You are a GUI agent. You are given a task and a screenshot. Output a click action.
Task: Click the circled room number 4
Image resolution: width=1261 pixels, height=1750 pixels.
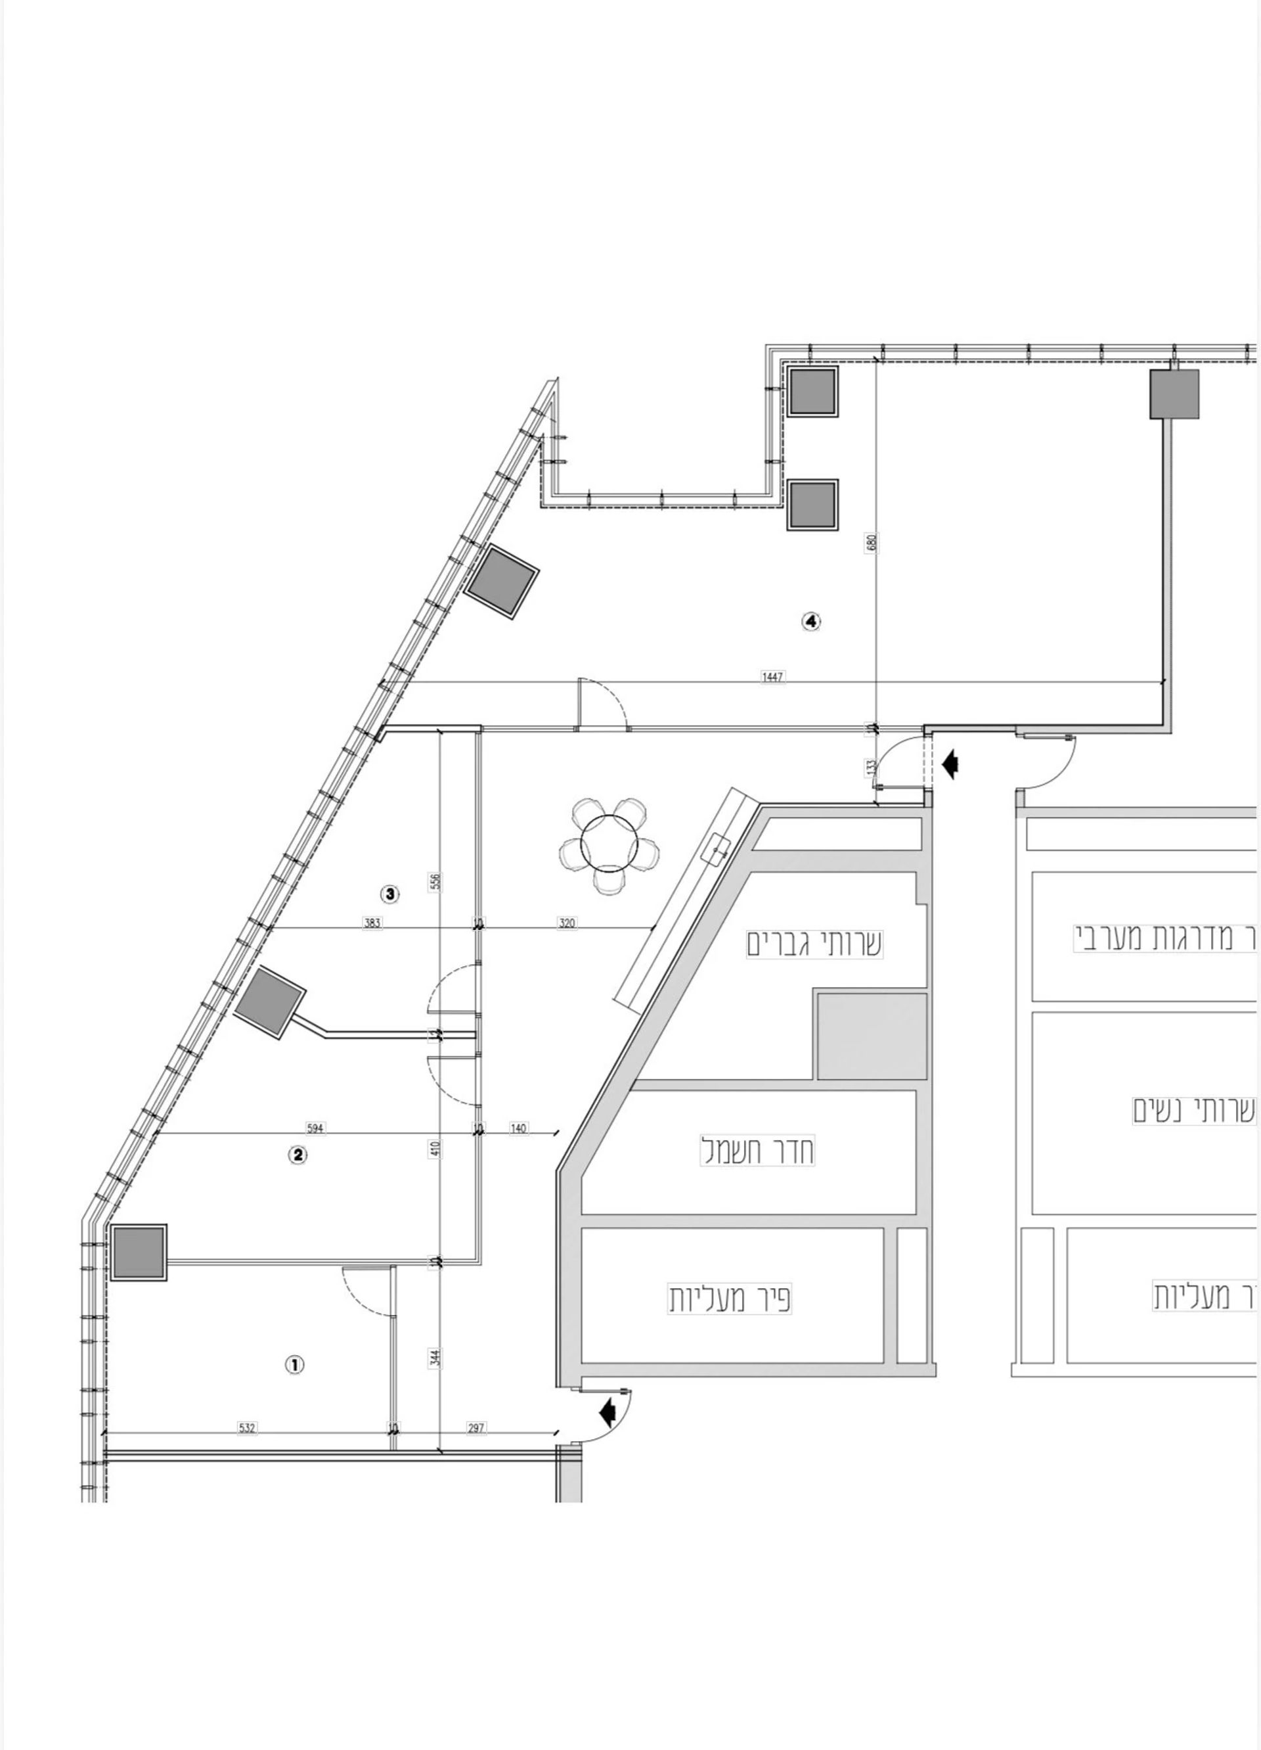pos(811,621)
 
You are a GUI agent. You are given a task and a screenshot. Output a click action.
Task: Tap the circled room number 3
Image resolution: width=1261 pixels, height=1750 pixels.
pos(390,894)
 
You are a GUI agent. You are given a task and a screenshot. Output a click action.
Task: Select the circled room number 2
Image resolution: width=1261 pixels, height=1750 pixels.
pos(298,1155)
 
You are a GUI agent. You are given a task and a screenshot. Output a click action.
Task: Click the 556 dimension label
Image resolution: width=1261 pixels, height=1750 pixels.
pos(435,882)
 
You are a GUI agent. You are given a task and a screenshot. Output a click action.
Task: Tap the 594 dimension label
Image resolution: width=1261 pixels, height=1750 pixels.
pos(315,1129)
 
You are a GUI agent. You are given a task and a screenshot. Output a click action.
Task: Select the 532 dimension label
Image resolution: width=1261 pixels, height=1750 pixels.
pos(246,1428)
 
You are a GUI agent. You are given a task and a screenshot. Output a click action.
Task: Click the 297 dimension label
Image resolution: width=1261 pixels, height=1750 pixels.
pos(477,1428)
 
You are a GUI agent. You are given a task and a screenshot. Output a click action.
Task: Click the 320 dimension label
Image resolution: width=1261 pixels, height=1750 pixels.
pos(567,923)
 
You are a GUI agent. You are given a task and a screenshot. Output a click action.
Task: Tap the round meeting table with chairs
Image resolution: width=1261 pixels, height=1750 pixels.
pos(609,844)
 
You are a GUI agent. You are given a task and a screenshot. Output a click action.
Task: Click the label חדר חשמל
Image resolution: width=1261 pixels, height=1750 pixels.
pos(757,1151)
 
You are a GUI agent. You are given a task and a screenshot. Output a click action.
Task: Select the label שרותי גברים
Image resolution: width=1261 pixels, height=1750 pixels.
pos(814,944)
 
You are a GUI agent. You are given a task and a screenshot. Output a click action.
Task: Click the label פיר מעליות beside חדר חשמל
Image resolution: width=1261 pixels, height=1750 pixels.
pos(730,1299)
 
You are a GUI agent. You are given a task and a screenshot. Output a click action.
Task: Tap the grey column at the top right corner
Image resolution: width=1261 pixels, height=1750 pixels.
pos(1174,394)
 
